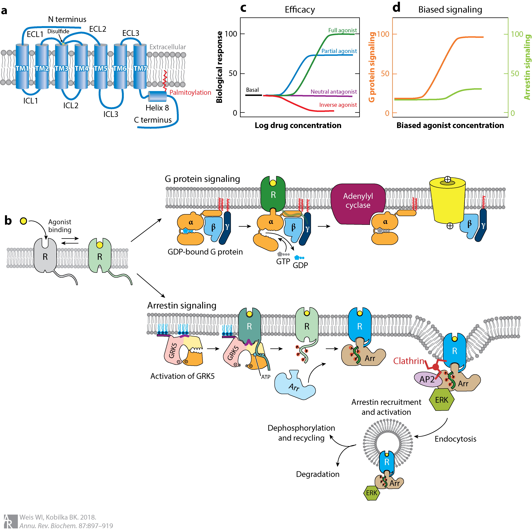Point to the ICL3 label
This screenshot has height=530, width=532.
point(111,114)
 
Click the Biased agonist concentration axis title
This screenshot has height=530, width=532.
point(450,126)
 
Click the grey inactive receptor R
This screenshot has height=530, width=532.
point(45,256)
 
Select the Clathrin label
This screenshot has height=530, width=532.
point(409,361)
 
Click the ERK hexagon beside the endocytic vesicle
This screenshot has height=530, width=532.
point(372,493)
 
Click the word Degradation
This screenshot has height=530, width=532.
point(318,474)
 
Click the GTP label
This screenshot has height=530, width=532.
point(283,261)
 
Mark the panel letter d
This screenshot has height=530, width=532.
point(396,8)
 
